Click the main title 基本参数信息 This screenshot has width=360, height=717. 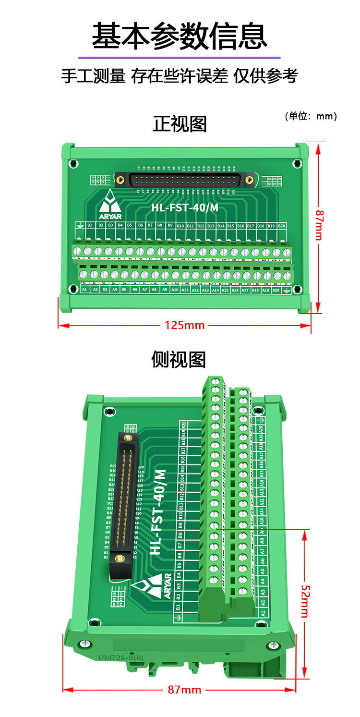coord(180,36)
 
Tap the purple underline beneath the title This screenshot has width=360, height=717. coord(180,57)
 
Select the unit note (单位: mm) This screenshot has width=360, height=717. coord(311,116)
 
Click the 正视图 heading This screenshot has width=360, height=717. coord(180,124)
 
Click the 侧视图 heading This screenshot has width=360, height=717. coord(179,359)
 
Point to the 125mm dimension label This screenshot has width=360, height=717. coord(185,326)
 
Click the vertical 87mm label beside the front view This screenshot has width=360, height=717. coord(319,225)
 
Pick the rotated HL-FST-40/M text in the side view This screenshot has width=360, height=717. coord(158,512)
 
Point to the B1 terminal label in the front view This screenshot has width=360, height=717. coord(90,225)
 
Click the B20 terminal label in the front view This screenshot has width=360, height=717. coord(282,225)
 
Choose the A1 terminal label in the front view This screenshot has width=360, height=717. coord(84,290)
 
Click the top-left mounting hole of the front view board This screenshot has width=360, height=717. coord(73,164)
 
